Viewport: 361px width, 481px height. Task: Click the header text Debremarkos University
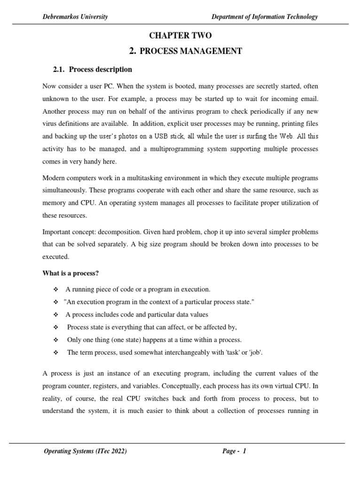point(75,17)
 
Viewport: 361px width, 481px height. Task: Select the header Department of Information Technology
point(265,17)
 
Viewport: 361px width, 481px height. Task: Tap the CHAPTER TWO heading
point(180,36)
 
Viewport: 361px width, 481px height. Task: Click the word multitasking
point(141,178)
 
